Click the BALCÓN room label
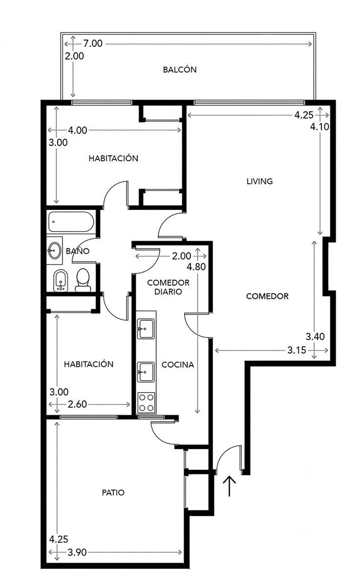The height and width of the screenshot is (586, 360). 179,69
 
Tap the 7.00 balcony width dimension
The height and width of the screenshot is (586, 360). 93,43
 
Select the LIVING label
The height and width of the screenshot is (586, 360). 259,181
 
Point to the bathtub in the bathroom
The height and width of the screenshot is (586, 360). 71,222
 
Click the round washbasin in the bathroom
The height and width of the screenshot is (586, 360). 54,251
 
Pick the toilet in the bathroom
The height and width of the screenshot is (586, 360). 83,280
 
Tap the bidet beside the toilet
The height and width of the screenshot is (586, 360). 61,280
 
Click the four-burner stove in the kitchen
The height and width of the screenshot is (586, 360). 146,403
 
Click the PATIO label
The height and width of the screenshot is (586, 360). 113,493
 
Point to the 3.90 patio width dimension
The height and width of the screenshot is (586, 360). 77,552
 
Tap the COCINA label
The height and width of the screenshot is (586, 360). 178,365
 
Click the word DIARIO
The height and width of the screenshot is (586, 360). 168,292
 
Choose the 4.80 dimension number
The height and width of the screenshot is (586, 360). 196,267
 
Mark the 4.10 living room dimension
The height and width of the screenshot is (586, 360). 319,126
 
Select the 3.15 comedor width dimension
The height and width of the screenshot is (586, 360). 296,350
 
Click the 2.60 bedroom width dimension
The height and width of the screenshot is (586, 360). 77,404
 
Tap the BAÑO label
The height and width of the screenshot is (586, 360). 78,251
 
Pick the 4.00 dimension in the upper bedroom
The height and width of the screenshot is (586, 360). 78,130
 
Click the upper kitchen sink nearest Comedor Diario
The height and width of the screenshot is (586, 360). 146,329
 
